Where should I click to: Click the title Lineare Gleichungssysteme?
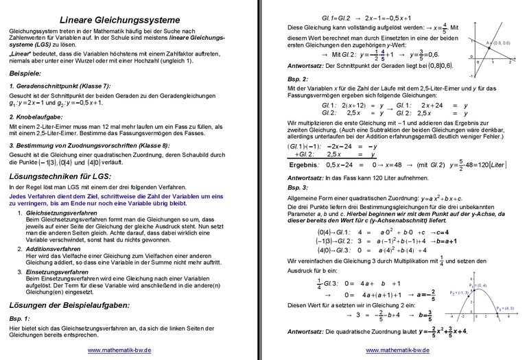pos(120,19)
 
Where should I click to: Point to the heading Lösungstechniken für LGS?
pos(62,176)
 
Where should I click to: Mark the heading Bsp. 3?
pos(297,187)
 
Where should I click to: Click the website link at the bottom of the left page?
pos(119,350)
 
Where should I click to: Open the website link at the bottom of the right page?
pos(397,350)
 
